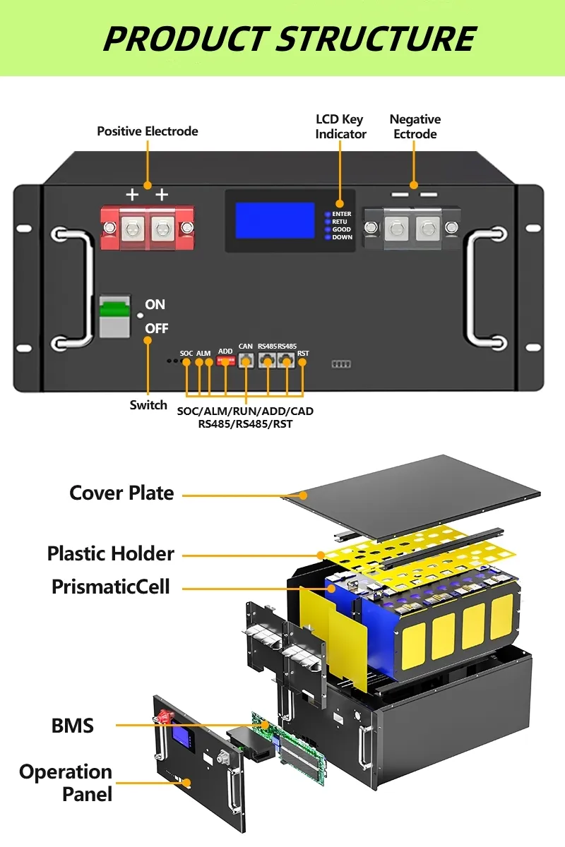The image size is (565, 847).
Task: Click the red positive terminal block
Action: pyautogui.click(x=148, y=227)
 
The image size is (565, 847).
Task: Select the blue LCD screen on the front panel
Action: pyautogui.click(x=275, y=220)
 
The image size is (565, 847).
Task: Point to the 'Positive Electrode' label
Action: pyautogui.click(x=148, y=131)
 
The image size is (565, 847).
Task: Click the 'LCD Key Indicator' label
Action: pyautogui.click(x=340, y=126)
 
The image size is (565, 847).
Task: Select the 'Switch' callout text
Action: pyautogui.click(x=148, y=405)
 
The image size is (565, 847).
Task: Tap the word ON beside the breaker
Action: pyautogui.click(x=155, y=304)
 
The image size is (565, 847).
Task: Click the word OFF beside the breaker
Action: pyautogui.click(x=156, y=329)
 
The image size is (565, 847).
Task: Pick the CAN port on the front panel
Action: pyautogui.click(x=246, y=361)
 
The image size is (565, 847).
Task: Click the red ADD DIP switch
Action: pyautogui.click(x=225, y=361)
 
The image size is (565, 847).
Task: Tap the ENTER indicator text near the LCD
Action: pyautogui.click(x=342, y=214)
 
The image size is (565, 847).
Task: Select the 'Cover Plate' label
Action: pyautogui.click(x=121, y=493)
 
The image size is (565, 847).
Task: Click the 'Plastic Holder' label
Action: pyautogui.click(x=111, y=553)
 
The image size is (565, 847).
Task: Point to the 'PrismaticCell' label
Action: pyautogui.click(x=111, y=586)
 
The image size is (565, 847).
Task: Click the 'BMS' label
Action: pyautogui.click(x=73, y=725)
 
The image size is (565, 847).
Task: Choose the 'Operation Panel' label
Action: pyautogui.click(x=66, y=783)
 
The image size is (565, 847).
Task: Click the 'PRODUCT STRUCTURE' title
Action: pyautogui.click(x=290, y=38)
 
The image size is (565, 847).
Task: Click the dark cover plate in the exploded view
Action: pyautogui.click(x=424, y=487)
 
